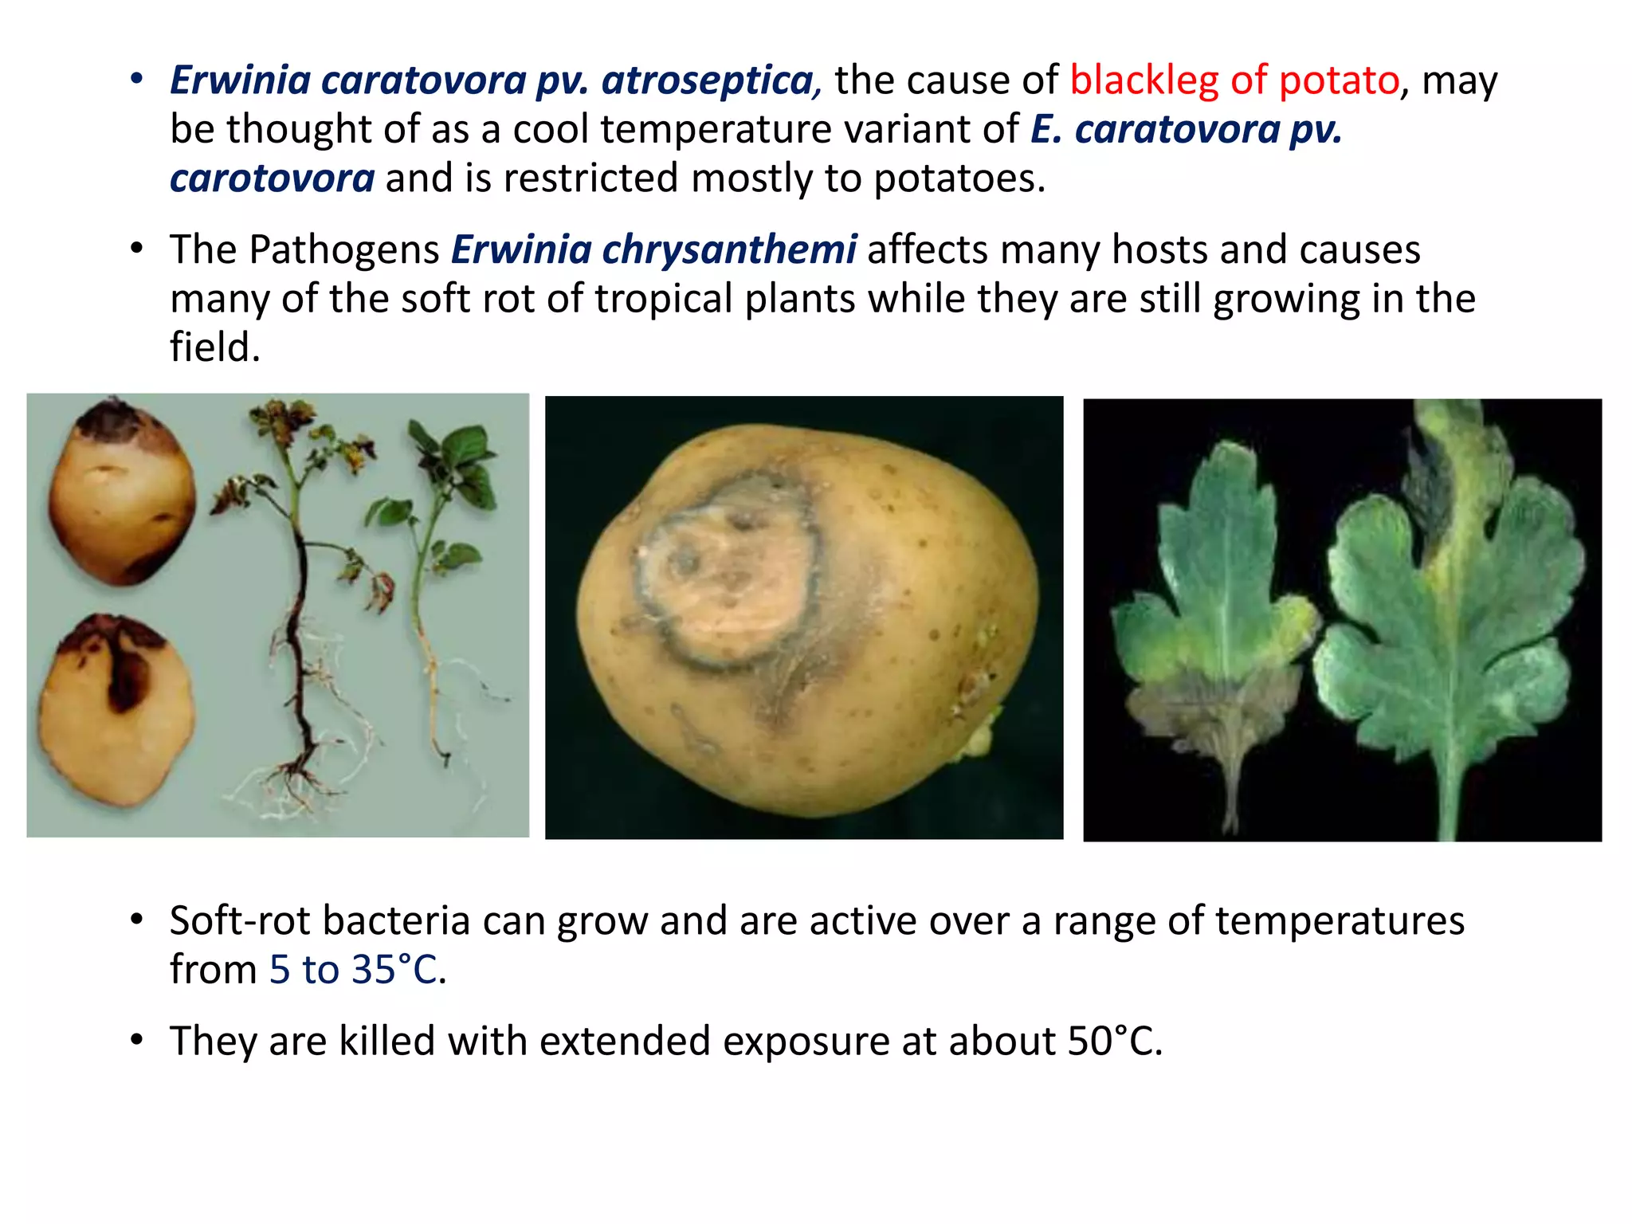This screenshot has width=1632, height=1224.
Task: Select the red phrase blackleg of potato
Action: pyautogui.click(x=1234, y=80)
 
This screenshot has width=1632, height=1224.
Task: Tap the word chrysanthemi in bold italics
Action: pyautogui.click(x=729, y=249)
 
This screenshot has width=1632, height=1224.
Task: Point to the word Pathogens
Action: pyautogui.click(x=344, y=249)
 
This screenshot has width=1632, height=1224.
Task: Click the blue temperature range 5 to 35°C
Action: pyautogui.click(x=353, y=970)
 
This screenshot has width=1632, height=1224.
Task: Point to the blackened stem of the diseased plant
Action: pyautogui.click(x=300, y=637)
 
